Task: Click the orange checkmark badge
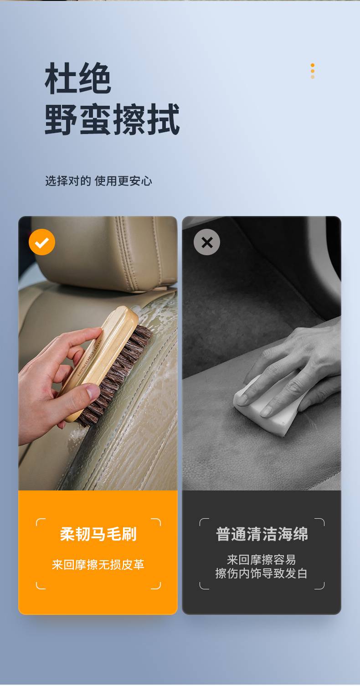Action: [42, 242]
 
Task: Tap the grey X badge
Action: [207, 242]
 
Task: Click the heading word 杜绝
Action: [78, 78]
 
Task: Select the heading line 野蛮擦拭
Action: [112, 119]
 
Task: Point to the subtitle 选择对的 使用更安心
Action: [98, 181]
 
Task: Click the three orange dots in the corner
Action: [313, 71]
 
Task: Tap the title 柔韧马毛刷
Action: [98, 534]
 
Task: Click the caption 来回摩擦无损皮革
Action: [98, 565]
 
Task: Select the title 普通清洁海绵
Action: [262, 534]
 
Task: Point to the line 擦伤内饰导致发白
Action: [262, 573]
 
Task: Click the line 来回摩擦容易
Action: [262, 560]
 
